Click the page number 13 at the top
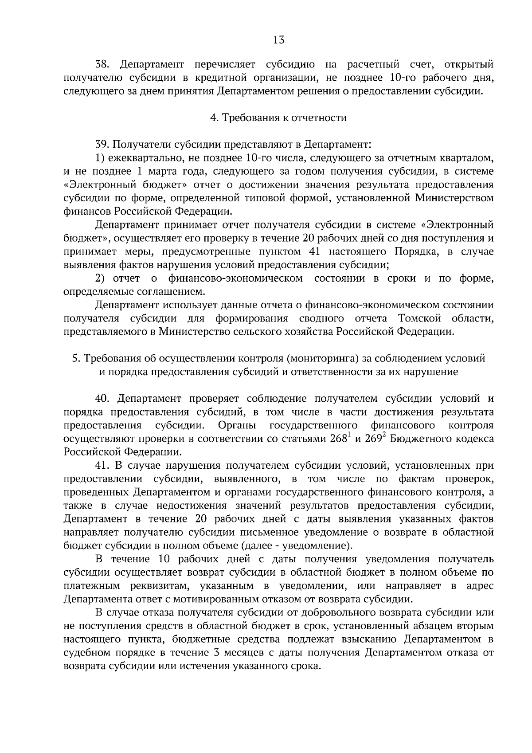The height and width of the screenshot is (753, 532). [279, 40]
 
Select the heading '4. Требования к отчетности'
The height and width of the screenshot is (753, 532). [278, 118]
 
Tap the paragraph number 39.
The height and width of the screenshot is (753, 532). [102, 144]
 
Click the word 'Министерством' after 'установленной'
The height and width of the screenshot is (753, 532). [454, 198]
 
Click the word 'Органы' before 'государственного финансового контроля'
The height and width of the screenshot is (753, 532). [237, 425]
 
